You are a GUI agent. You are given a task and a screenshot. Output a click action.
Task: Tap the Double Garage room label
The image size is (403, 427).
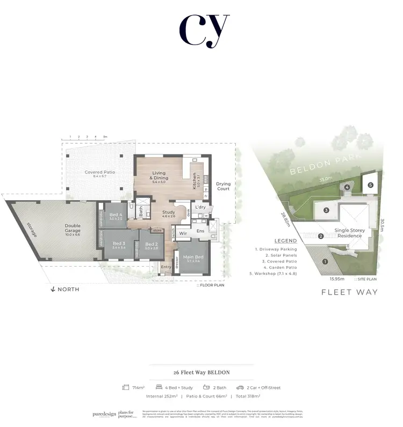click(x=73, y=228)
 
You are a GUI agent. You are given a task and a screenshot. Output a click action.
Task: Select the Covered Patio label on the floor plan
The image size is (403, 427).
click(x=100, y=173)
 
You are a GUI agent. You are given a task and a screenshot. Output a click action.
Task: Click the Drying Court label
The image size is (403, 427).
click(x=223, y=186)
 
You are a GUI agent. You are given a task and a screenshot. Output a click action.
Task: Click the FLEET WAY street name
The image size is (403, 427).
click(x=349, y=292)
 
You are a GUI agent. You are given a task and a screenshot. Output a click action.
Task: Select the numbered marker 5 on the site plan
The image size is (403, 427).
click(x=371, y=185)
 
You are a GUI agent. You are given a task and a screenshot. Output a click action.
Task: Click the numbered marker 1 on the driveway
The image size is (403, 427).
click(x=325, y=262)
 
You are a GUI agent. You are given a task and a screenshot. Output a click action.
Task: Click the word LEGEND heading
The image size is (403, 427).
click(x=285, y=241)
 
